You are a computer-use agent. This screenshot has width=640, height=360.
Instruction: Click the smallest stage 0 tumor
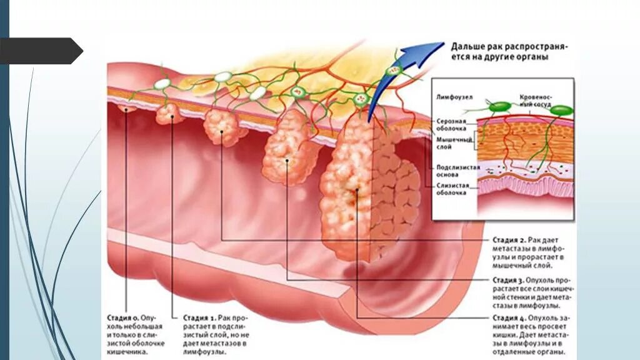coord(127,109)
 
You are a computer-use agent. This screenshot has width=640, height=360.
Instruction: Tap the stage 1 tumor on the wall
coord(167,114)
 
